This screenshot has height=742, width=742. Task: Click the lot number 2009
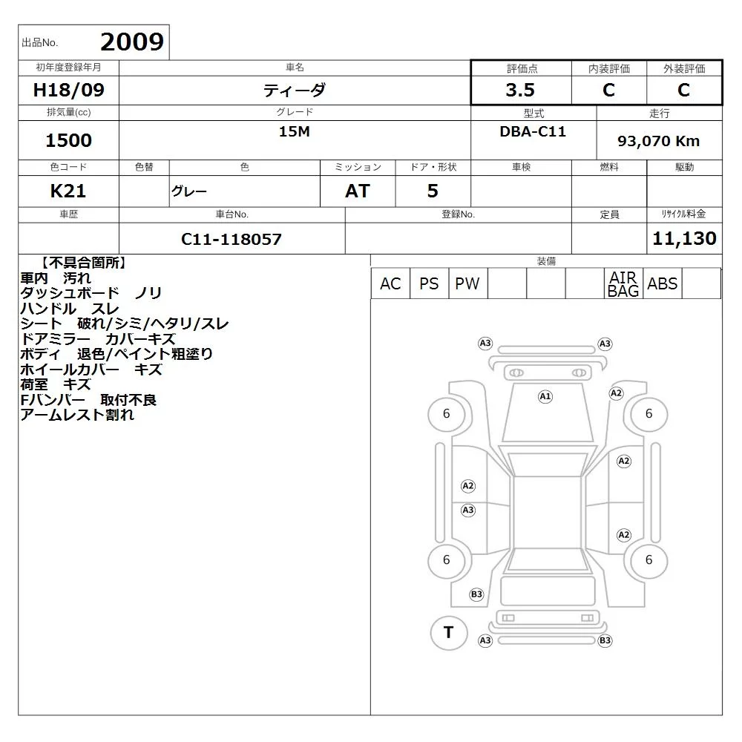click(132, 42)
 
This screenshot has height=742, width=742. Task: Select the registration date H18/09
click(68, 90)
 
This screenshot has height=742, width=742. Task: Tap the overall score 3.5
click(520, 90)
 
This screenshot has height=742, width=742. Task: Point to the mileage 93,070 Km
click(658, 141)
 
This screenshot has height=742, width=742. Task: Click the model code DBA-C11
click(533, 131)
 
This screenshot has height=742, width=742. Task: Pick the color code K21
click(68, 191)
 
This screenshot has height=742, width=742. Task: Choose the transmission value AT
click(358, 191)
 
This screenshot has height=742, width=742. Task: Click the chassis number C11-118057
click(232, 239)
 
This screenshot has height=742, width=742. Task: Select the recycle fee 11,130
click(684, 238)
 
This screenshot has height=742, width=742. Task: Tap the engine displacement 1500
click(68, 140)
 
